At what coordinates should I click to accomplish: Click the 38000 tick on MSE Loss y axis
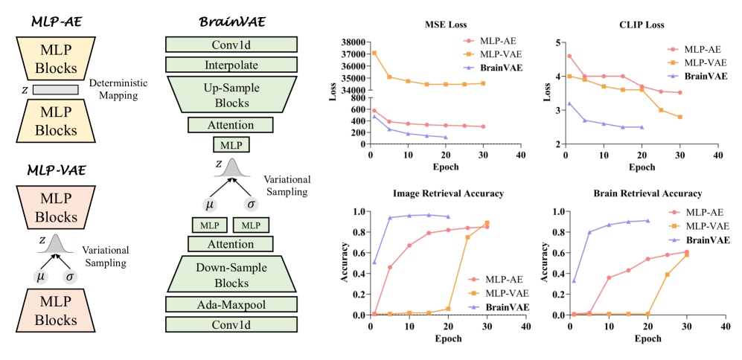coord(347,42)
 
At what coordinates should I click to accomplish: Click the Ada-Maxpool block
coord(231,303)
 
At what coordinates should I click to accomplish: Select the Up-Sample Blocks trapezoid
coord(231,94)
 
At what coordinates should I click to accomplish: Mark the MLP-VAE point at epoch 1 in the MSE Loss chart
coord(374,53)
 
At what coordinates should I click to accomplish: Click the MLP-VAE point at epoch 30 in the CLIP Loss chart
coord(679,117)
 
